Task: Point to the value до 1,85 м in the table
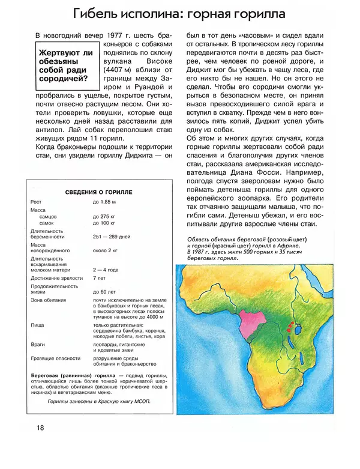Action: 104,202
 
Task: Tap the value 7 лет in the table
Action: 100,279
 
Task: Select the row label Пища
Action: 37,325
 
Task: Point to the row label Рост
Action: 36,202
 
